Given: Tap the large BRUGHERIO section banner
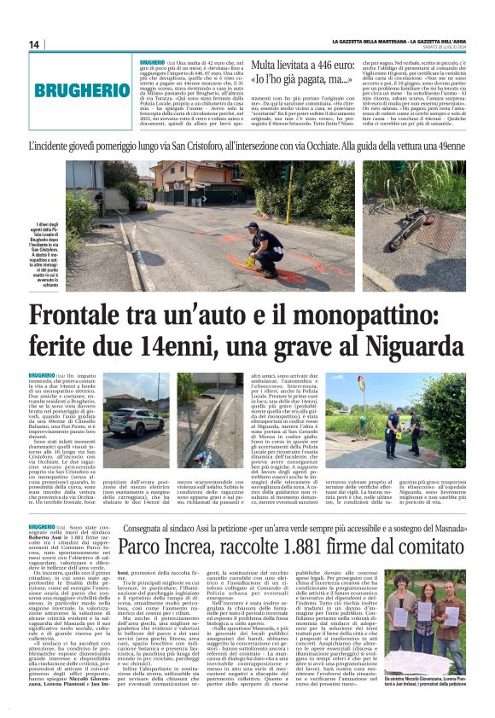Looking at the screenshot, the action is pyautogui.click(x=79, y=88).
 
